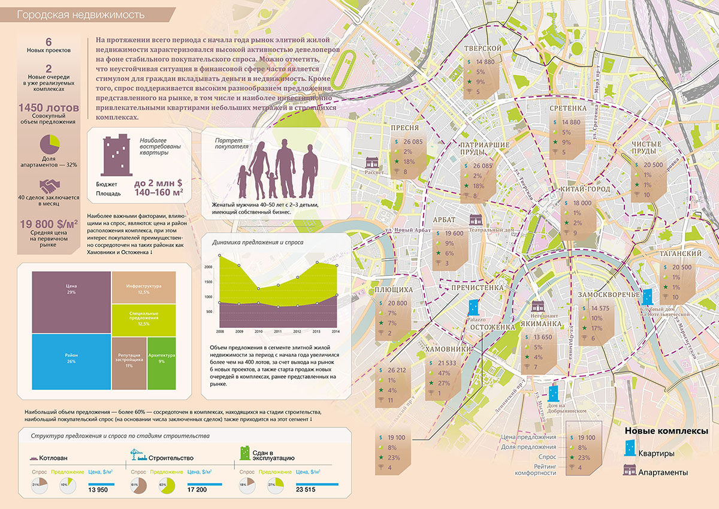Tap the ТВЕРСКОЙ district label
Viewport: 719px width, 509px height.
(x=482, y=48)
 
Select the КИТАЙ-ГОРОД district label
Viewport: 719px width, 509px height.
(x=585, y=189)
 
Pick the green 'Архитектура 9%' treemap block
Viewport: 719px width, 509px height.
(x=161, y=372)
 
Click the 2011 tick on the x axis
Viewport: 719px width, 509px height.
(x=277, y=331)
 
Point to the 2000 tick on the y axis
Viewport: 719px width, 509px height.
(x=209, y=267)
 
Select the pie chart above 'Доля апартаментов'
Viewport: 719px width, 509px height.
(x=49, y=144)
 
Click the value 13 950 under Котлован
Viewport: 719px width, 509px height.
(x=98, y=490)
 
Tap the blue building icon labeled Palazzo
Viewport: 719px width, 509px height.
(x=474, y=308)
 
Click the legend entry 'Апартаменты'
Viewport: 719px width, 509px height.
(x=663, y=472)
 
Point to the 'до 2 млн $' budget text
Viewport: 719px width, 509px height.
(x=158, y=183)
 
